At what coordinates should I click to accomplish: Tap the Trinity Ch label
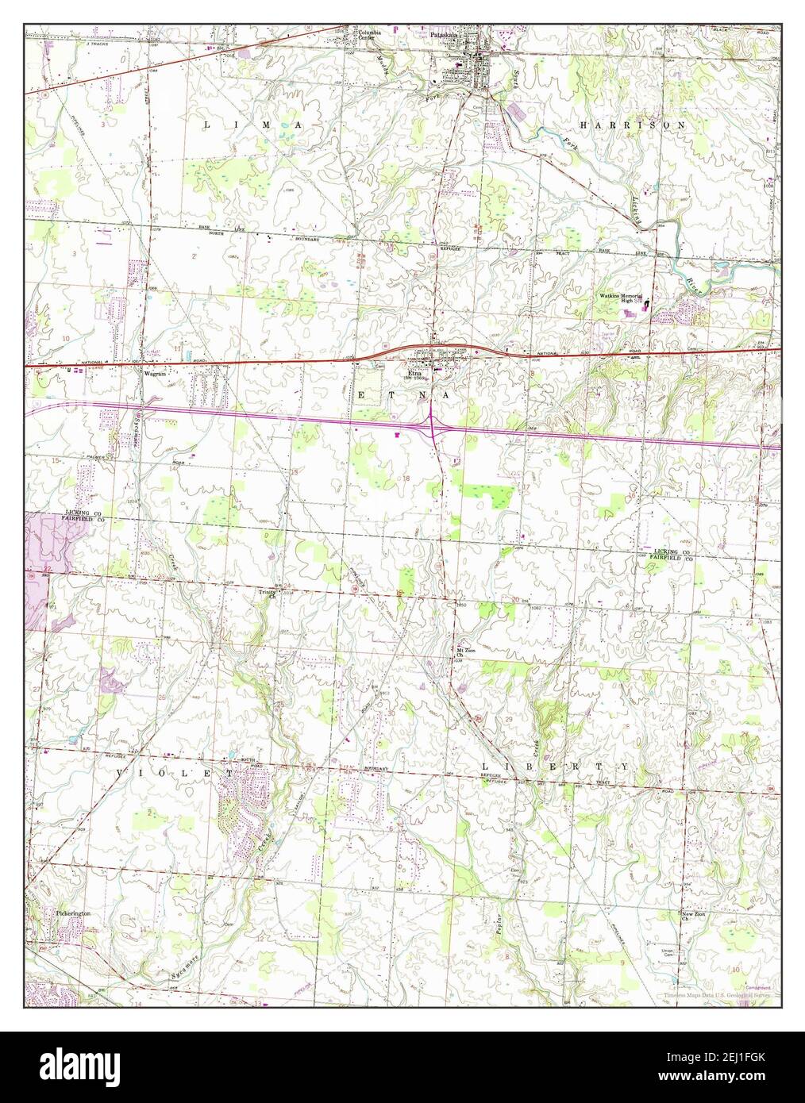266,594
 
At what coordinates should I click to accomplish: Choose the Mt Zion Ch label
464,654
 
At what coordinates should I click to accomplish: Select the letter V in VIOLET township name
122,772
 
